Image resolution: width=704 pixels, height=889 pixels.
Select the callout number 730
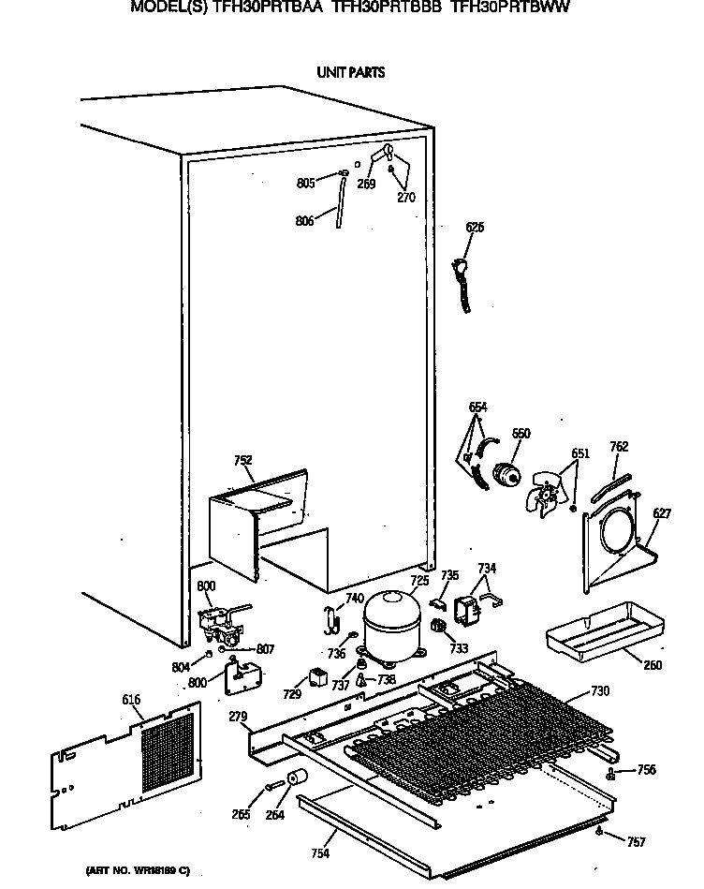tap(600, 691)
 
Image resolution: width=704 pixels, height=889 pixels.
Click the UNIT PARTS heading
tap(351, 72)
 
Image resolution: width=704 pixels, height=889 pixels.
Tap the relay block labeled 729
tap(319, 679)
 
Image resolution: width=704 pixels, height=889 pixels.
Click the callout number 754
tap(320, 852)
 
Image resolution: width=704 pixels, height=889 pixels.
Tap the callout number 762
tap(619, 447)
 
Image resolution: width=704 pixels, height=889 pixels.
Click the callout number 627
tap(662, 512)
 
